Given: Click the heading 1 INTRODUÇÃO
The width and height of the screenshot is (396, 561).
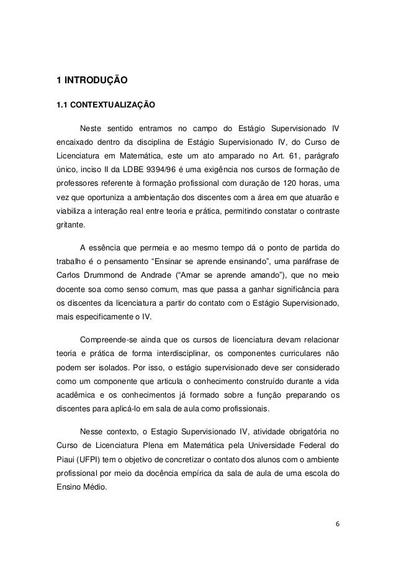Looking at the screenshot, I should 92,80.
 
